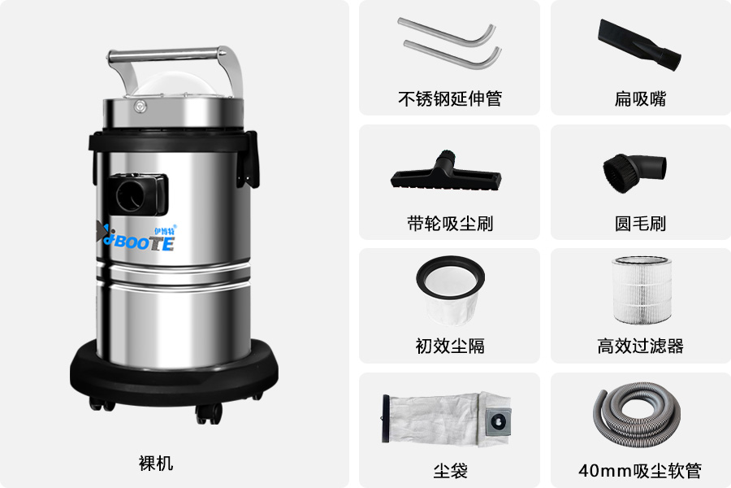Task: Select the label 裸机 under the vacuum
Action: click(x=156, y=464)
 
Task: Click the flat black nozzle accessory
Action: click(x=639, y=45)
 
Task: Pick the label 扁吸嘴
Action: click(x=640, y=99)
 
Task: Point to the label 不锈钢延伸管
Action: click(x=449, y=99)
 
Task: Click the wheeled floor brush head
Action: click(x=446, y=171)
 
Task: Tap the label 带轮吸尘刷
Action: click(x=449, y=224)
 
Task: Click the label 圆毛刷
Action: click(x=640, y=224)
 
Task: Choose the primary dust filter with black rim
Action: click(x=450, y=290)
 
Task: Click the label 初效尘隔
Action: click(x=449, y=346)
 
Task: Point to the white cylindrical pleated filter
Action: click(x=642, y=290)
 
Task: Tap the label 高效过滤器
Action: click(x=640, y=346)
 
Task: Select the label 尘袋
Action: click(x=449, y=470)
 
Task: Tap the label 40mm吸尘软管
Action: click(x=640, y=470)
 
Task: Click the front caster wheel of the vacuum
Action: click(x=209, y=413)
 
